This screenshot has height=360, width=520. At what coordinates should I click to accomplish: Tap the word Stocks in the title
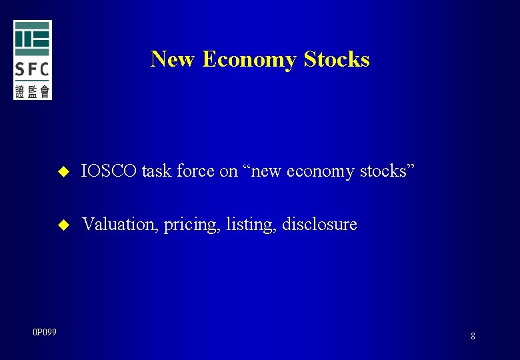[337, 59]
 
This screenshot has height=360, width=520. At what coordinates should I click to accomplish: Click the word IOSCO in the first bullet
[109, 171]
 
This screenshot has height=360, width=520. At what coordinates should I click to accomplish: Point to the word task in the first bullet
[157, 171]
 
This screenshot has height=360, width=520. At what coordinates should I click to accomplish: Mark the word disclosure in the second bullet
[319, 225]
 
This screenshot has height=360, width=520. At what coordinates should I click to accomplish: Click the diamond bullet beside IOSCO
[64, 172]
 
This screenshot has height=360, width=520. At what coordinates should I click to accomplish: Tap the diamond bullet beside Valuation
[64, 225]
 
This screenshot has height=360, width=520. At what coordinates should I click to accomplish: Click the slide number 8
[473, 337]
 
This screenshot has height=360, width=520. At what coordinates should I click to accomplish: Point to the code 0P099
[44, 332]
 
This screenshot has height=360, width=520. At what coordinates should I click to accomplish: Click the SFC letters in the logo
[33, 69]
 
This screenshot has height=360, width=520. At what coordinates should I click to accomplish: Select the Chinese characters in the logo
[33, 91]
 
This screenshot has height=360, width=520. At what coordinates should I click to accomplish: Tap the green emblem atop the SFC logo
[33, 39]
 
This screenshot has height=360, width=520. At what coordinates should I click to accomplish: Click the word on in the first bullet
[228, 172]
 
